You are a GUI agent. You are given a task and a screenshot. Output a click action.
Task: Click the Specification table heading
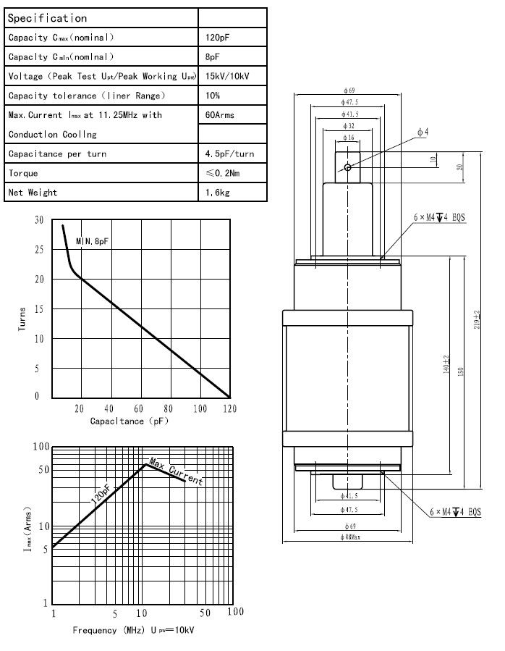47,18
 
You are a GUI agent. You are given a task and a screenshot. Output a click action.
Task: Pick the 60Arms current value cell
220,114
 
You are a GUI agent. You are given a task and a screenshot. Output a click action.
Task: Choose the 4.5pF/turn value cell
230,154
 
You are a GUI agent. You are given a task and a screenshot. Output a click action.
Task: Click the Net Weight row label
33,193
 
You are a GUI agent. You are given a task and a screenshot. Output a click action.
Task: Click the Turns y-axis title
22,319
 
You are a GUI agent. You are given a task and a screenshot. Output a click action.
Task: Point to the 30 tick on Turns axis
39,220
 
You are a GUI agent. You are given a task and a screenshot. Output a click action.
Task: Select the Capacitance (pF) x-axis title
129,421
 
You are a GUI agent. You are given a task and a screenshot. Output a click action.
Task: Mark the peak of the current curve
145,463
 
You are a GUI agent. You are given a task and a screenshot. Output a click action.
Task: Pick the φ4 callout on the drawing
423,132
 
